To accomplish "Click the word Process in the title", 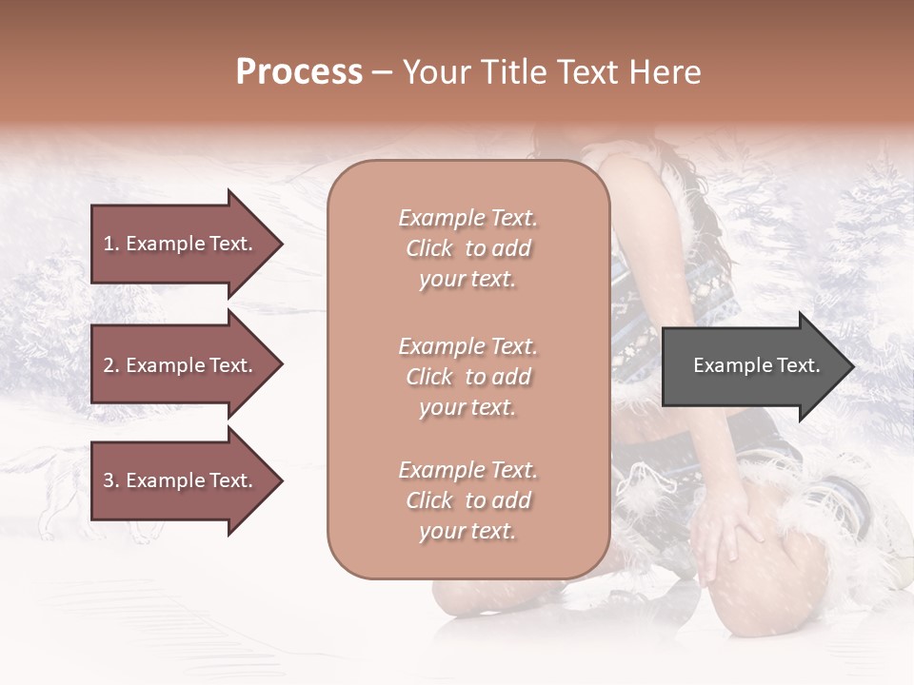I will pyautogui.click(x=299, y=72).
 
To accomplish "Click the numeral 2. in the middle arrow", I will pyautogui.click(x=111, y=365).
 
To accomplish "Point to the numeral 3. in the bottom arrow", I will pyautogui.click(x=111, y=480).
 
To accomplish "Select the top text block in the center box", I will pyautogui.click(x=467, y=248).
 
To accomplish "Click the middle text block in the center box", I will pyautogui.click(x=467, y=377).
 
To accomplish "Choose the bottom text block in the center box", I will pyautogui.click(x=467, y=500).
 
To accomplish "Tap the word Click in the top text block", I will pyautogui.click(x=429, y=248).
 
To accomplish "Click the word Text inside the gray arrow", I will pyautogui.click(x=798, y=365).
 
